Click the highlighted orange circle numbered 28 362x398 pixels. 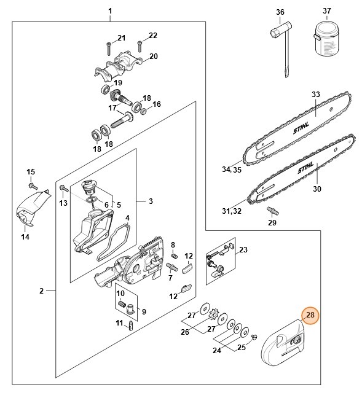click(x=310, y=316)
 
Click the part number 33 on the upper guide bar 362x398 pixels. click(x=316, y=95)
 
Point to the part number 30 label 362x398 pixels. click(x=317, y=189)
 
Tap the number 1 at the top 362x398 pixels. click(x=110, y=11)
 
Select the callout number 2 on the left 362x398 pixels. click(x=42, y=291)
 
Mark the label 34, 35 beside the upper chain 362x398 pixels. click(x=232, y=170)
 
